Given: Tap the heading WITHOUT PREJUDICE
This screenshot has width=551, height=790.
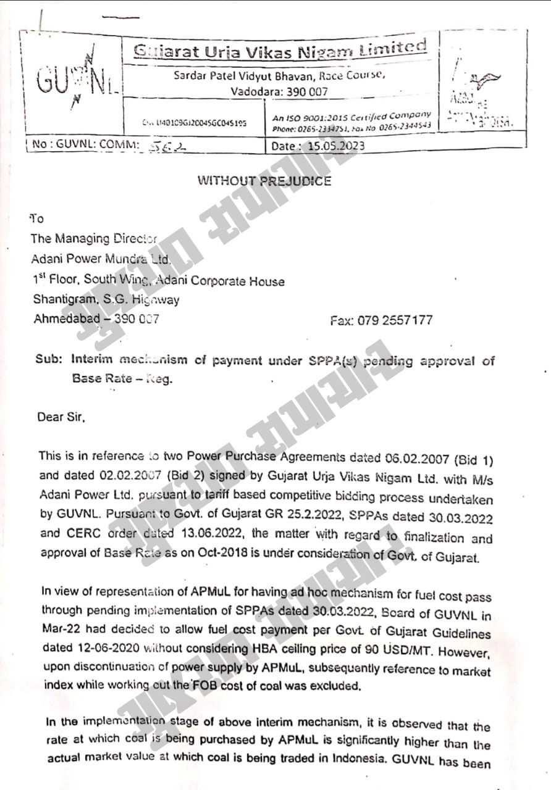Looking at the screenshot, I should pos(264,181).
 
